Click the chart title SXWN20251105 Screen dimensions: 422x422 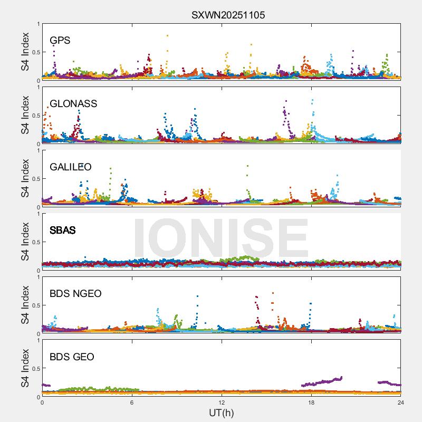(x=228, y=15)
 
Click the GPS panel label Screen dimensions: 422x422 (x=60, y=41)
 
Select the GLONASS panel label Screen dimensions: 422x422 (x=73, y=104)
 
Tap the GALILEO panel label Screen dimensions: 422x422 (x=71, y=167)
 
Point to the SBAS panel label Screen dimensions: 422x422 (x=63, y=231)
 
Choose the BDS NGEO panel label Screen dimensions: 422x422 (x=75, y=294)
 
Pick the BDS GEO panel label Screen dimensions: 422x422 (x=72, y=357)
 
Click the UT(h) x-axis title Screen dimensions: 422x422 (x=222, y=413)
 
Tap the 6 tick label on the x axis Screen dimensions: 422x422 (x=132, y=402)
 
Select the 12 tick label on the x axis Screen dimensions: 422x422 (x=222, y=402)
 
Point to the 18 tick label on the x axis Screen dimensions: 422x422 (x=311, y=402)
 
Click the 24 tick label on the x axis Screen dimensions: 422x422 (x=401, y=402)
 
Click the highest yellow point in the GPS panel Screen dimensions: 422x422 (x=168, y=36)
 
